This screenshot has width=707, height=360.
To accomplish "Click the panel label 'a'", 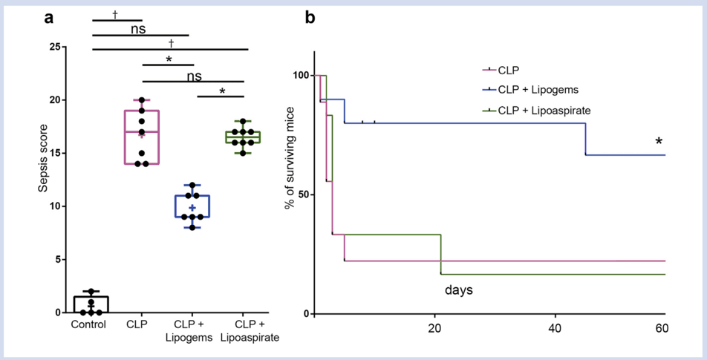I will [x=48, y=19].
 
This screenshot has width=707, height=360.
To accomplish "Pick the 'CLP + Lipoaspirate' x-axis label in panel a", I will [x=244, y=330].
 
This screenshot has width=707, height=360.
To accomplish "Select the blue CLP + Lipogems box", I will [x=192, y=206].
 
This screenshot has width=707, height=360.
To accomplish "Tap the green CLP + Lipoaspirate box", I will [x=244, y=137].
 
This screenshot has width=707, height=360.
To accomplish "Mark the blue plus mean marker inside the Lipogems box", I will [x=192, y=208].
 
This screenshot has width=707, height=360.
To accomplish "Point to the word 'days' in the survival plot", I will [x=458, y=289].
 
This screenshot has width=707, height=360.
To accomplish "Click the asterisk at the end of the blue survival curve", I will [x=658, y=143].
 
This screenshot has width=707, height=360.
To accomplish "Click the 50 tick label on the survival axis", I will [x=300, y=194].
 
